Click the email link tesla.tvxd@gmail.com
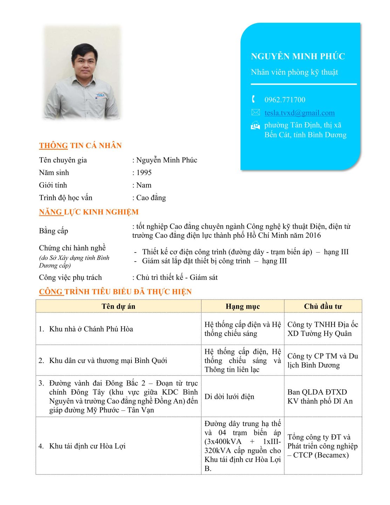tap(299, 113)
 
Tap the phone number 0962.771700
tap(285, 100)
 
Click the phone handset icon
tap(254, 99)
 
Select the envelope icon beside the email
tap(255, 113)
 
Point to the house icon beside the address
tap(255, 125)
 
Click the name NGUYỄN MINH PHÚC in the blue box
tap(298, 56)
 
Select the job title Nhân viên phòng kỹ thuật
tap(294, 72)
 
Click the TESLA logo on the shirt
tap(101, 95)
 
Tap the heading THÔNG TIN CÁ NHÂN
tap(80, 146)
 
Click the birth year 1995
tap(144, 173)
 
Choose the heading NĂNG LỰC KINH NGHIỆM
tap(89, 212)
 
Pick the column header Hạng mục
tap(242, 307)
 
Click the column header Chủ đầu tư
tap(323, 307)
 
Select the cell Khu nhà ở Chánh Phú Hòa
tap(91, 329)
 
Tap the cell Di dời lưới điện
tap(229, 397)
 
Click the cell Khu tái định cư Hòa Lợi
tap(87, 446)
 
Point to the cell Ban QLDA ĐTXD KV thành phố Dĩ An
tap(320, 397)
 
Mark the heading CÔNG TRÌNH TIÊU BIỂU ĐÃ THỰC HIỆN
tap(115, 292)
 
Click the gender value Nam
tap(144, 185)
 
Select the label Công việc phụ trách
tap(70, 277)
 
